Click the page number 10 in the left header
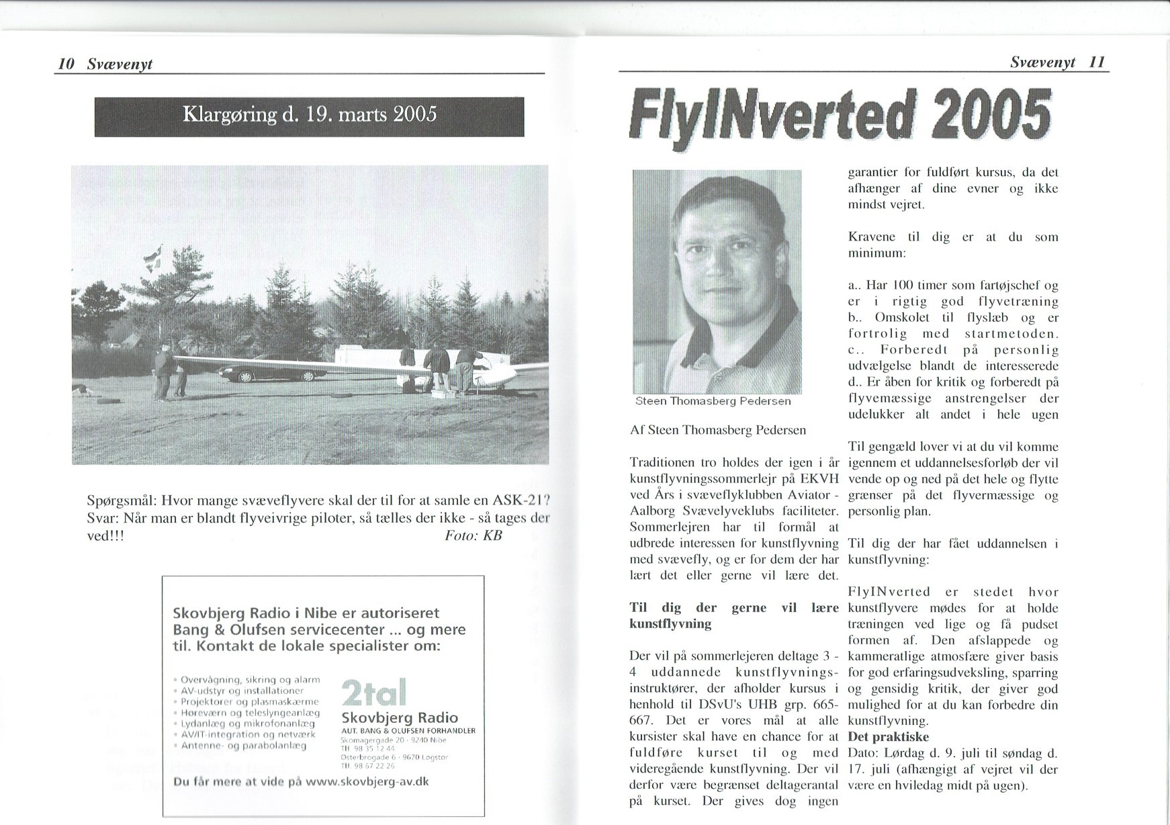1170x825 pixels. click(65, 64)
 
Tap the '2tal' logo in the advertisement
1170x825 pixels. click(373, 693)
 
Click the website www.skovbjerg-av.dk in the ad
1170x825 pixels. click(367, 782)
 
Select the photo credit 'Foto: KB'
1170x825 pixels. click(473, 535)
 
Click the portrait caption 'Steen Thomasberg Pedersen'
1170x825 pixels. click(713, 401)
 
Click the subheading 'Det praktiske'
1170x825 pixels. click(888, 737)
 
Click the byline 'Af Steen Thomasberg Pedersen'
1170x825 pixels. click(717, 430)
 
